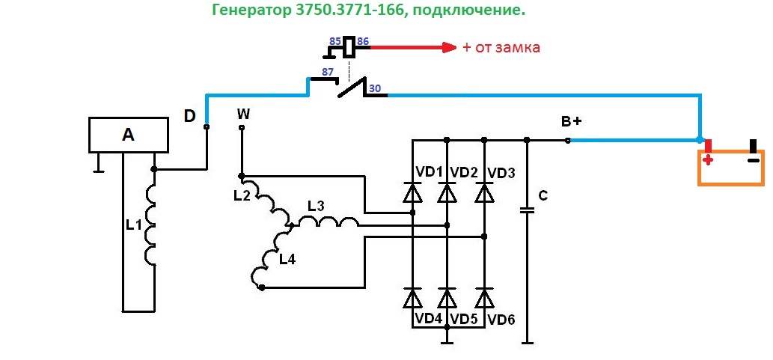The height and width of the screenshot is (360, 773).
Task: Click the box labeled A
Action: click(128, 135)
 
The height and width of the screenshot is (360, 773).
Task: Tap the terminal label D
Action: click(190, 116)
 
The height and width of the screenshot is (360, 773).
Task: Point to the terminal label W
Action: click(243, 114)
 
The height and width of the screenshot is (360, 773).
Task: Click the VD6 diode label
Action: click(501, 320)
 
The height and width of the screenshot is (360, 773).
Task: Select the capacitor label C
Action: click(543, 196)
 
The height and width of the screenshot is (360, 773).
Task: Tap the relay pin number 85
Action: click(334, 41)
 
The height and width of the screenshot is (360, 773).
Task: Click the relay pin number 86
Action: click(363, 41)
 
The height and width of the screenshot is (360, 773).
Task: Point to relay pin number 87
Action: click(327, 72)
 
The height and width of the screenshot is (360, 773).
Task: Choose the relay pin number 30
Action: click(375, 88)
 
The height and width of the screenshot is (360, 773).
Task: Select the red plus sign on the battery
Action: click(707, 159)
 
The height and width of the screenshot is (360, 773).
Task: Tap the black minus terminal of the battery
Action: click(754, 150)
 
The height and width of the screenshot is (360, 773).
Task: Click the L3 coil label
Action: click(316, 205)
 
